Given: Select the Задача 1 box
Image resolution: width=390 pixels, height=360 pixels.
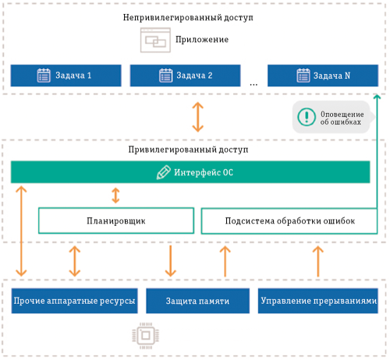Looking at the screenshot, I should [66, 76].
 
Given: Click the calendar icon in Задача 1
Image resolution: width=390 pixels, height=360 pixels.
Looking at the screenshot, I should [44, 76].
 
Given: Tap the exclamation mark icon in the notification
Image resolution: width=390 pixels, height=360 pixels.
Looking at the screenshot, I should [305, 117].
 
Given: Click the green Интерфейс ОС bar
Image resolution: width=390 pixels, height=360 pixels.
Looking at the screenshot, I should [190, 172].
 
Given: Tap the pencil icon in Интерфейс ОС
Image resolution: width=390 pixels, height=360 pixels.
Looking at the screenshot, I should [163, 172].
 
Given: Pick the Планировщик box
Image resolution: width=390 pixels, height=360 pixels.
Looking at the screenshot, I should [115, 221].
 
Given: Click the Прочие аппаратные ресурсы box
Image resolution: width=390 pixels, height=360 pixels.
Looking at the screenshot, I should [74, 301].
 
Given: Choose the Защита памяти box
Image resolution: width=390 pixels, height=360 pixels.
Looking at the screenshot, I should [197, 301].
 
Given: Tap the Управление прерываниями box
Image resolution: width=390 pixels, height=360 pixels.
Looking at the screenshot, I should [319, 301].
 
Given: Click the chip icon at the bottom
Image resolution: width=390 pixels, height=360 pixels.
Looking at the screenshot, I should [146, 336].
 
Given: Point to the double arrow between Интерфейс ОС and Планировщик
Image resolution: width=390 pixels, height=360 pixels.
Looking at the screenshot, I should [115, 195].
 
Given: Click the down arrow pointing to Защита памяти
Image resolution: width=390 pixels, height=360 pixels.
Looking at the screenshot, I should [169, 260].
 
